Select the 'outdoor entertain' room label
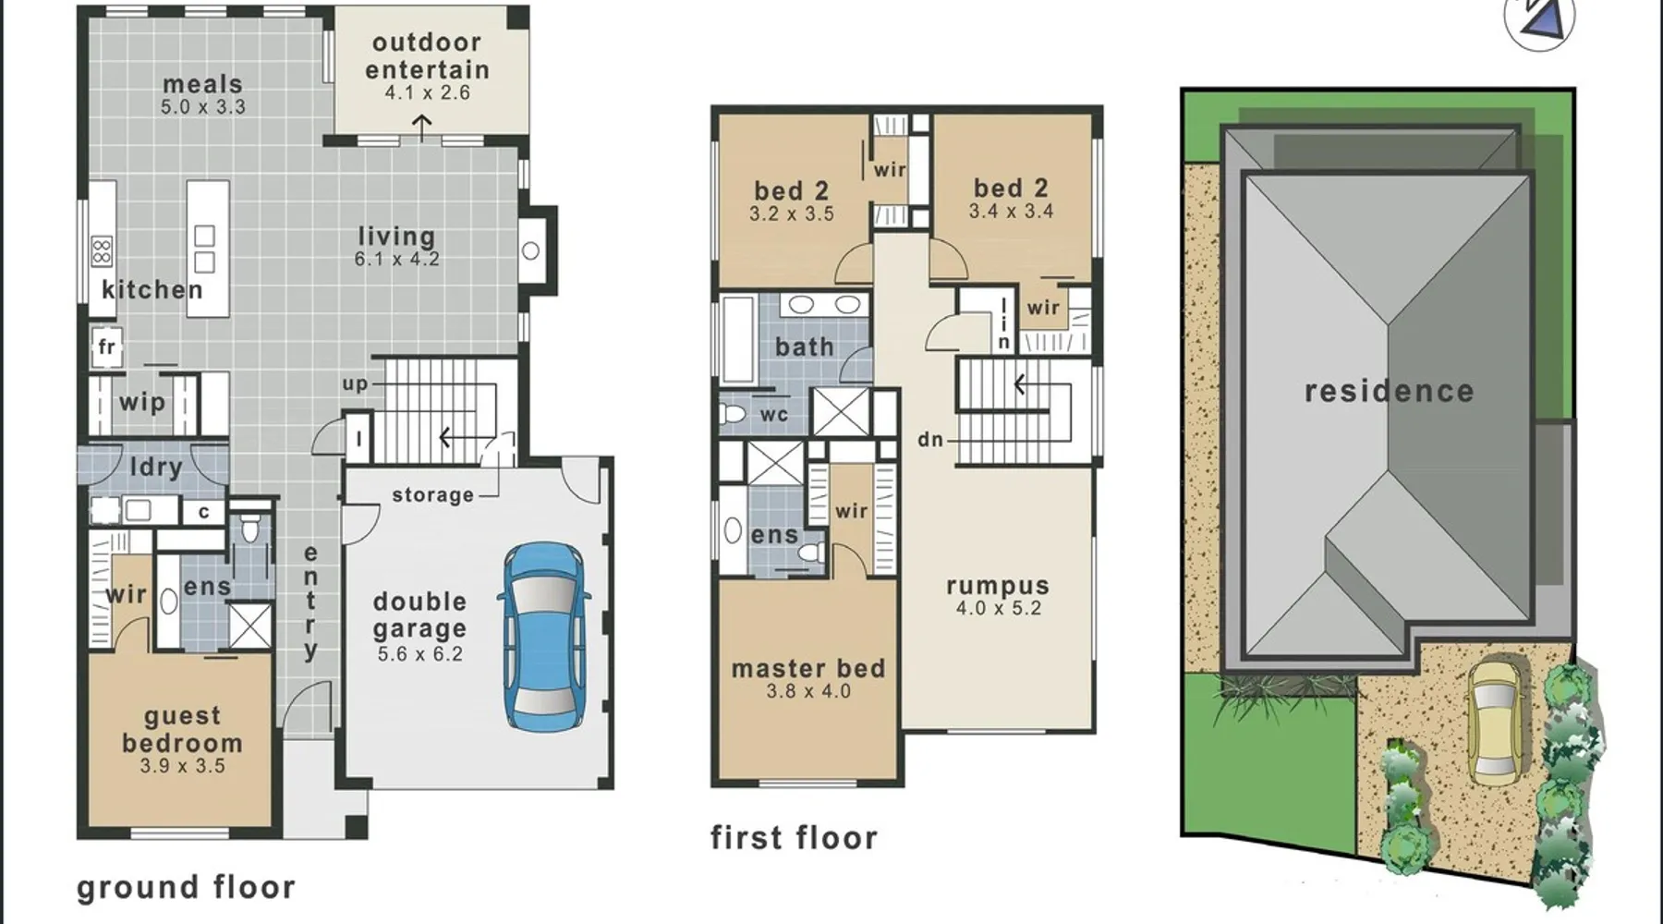[427, 56]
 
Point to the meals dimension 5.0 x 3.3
[203, 107]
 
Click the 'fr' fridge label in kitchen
[107, 346]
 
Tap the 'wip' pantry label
[142, 403]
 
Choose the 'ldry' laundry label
[155, 468]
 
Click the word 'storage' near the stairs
[432, 495]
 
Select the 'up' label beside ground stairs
[356, 383]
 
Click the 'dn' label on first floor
[930, 440]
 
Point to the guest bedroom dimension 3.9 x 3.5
[183, 766]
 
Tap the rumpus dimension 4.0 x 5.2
[999, 609]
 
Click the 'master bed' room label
[808, 668]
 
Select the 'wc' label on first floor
[774, 415]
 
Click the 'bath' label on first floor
[805, 346]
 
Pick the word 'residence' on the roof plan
[1390, 391]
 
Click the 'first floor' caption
[795, 838]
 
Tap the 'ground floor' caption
[187, 887]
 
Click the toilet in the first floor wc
[733, 413]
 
